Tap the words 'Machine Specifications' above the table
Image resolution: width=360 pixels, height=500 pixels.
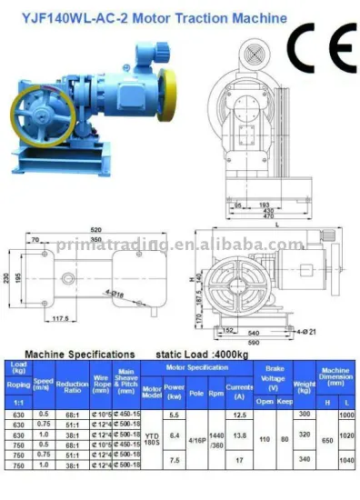80,353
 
